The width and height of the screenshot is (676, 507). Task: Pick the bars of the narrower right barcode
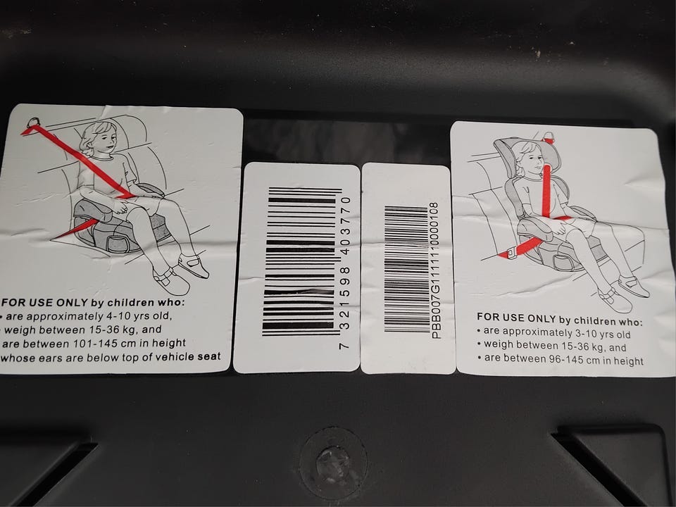406,269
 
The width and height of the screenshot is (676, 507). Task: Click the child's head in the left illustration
99,137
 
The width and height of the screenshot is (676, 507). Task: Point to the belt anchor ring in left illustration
33,123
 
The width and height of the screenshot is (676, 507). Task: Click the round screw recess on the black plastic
333,464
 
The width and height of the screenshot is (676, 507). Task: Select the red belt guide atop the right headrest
549,137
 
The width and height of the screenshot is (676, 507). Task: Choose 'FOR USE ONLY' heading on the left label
44,302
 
